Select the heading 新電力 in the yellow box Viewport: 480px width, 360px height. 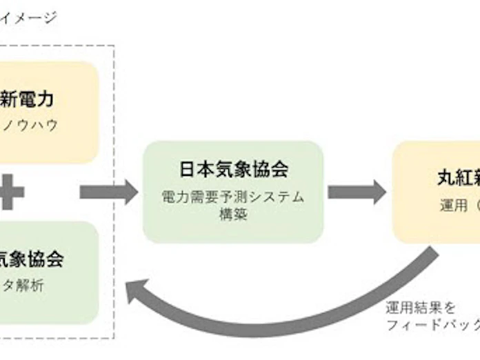28,99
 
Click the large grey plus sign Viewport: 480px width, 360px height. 12,192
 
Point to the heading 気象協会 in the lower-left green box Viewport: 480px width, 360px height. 32,259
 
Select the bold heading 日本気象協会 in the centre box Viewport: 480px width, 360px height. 234,168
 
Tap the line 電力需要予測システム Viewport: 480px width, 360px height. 234,197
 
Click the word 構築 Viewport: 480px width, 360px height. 234,214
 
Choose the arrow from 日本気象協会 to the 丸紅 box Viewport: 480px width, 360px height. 356,191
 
